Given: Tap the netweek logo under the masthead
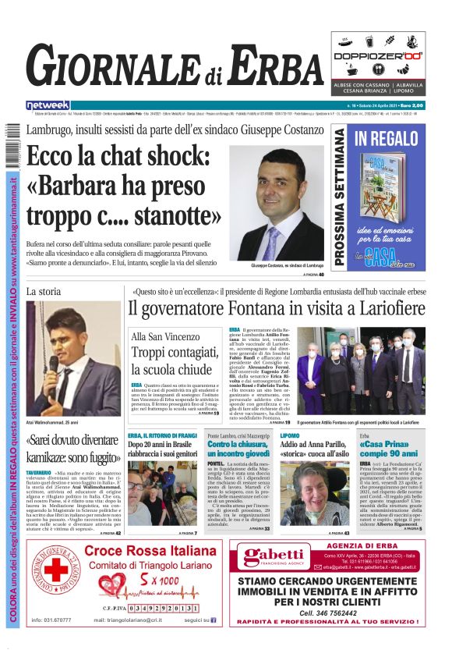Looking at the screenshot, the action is [48, 105].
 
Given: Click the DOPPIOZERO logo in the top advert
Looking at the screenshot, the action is [378, 56].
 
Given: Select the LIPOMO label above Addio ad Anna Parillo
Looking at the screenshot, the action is [290, 435].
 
